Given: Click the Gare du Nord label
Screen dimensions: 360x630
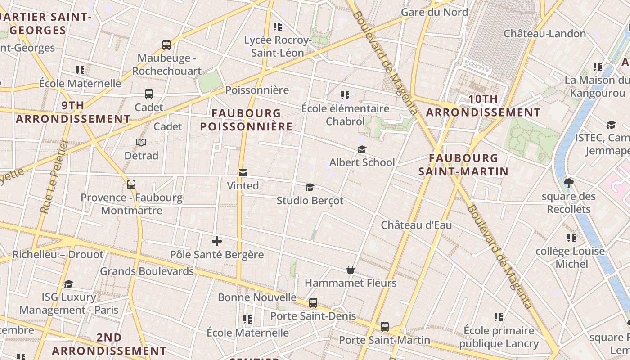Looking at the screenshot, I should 434,12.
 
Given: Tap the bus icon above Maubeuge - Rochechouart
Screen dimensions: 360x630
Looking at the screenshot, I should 166,45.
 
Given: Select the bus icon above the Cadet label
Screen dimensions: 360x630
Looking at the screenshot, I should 149,94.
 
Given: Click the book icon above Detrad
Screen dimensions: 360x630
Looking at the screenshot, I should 141,142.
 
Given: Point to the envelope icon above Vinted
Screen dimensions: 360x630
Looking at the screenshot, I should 243,172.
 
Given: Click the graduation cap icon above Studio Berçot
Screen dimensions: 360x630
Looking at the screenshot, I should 310,187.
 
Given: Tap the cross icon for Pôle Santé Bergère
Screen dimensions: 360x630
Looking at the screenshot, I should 217,241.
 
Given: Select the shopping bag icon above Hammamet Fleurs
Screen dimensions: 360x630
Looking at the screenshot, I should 351,270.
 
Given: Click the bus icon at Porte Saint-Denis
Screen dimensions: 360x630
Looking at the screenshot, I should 313,303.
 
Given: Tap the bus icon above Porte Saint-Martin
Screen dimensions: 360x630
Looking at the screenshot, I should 385,327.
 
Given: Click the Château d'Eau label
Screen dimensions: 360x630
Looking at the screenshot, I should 416,225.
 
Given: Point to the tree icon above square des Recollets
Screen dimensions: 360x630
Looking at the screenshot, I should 569,183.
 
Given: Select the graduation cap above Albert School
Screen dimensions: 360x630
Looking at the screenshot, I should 362,149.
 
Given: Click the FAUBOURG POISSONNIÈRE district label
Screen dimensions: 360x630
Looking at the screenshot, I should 246,120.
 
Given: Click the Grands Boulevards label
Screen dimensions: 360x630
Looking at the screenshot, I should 147,271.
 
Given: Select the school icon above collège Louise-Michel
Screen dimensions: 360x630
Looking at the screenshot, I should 571,238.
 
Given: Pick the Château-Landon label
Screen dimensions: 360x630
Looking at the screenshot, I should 544,34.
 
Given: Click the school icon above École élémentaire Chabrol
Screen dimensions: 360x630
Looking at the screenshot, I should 345,95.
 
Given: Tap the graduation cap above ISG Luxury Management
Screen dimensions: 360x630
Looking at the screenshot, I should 68,284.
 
